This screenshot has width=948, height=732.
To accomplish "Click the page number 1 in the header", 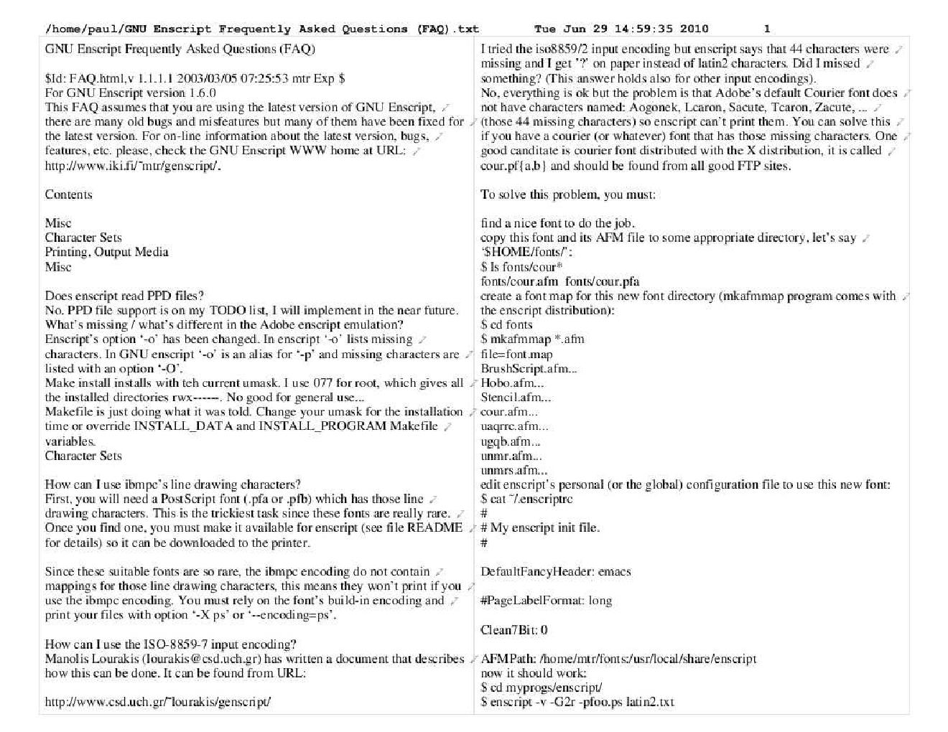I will pos(766,29).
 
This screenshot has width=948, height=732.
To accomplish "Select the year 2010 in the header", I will pos(694,29).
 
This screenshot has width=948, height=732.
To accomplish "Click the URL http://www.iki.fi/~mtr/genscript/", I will pos(133,166).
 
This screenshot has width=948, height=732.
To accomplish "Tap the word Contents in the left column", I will pos(68,194).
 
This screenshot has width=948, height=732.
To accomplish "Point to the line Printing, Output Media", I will pos(106,252).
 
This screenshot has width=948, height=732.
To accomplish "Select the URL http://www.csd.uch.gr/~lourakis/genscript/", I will pos(157,702).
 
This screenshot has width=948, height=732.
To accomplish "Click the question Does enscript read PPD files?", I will pos(124,296).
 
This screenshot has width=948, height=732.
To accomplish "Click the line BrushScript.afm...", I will pos(529,369).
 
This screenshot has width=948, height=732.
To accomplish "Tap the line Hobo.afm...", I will pos(512,383).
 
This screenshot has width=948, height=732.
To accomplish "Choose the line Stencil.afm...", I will pos(516,398).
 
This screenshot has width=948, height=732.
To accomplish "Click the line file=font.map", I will pos(516,354).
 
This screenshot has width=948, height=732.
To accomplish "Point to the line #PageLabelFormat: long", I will pos(546,601).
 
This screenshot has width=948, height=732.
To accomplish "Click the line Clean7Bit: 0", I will pos(513,630).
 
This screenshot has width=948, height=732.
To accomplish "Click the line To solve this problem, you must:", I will pos(567,194).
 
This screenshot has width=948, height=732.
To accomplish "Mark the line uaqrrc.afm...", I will pos(514,426).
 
